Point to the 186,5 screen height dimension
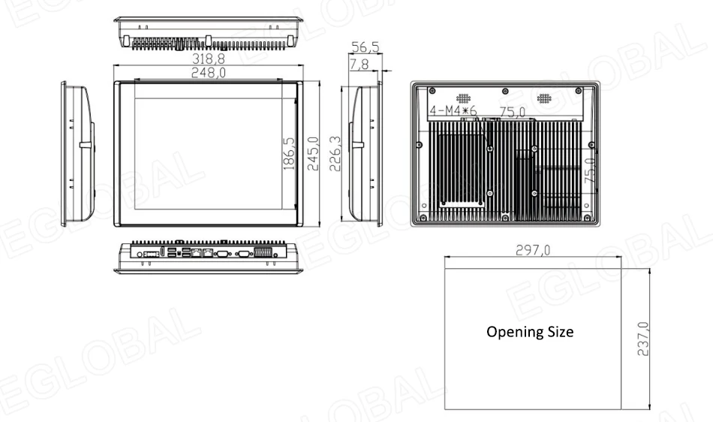pos(290,152)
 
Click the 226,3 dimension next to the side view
pos(335,153)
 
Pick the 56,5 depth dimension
pos(366,48)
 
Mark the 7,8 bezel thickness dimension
pos(359,66)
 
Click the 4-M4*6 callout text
pos(453,113)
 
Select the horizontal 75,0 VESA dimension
pos(512,113)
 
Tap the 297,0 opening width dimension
pos(534,251)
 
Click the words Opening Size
pos(530,331)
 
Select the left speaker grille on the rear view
pos(465,98)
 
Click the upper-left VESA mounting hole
pos(489,149)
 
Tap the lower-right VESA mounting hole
pos(534,193)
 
